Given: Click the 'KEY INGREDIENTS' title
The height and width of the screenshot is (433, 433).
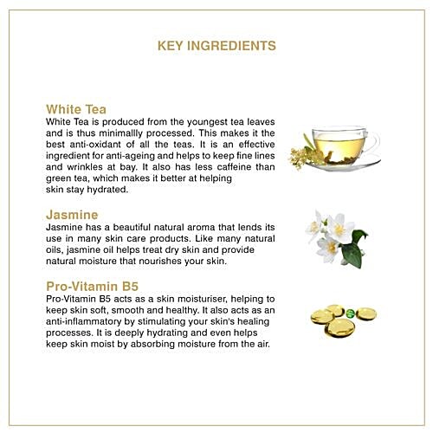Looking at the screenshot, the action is tap(216, 46).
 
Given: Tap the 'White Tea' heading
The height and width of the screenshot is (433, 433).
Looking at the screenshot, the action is tap(76, 109).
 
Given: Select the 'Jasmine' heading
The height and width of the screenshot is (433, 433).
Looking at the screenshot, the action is tap(72, 215).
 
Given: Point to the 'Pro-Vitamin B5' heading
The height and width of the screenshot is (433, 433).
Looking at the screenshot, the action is tap(93, 287).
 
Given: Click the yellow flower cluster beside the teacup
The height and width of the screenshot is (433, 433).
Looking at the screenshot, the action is tap(301, 158).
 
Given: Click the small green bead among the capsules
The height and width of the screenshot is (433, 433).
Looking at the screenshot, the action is tap(350, 313).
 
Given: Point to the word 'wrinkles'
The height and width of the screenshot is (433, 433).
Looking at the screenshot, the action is tap(85, 167).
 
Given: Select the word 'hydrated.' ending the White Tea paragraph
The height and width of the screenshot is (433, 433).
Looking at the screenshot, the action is tap(107, 190).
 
